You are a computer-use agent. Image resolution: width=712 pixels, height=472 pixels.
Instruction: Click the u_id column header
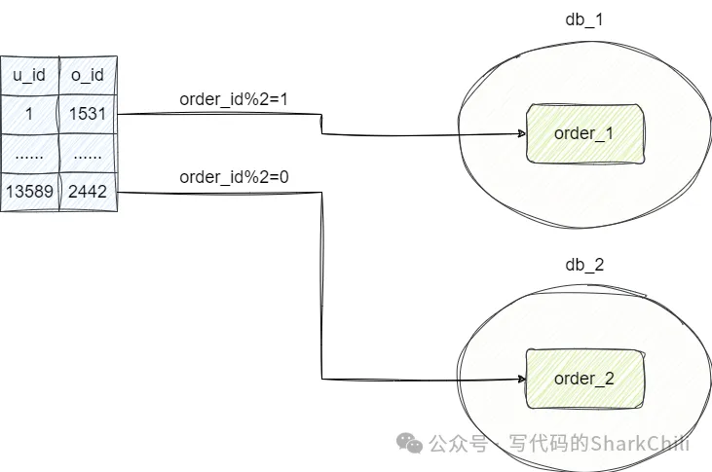pos(29,75)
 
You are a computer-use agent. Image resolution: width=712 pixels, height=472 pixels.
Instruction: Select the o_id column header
pos(88,75)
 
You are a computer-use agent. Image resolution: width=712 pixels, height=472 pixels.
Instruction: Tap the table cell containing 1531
pos(88,114)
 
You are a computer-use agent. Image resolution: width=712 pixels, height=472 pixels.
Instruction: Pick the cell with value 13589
pos(29,192)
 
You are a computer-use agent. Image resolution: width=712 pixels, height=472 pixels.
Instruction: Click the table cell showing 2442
pos(88,192)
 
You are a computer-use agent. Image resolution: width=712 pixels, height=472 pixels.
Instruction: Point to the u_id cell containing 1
pos(29,114)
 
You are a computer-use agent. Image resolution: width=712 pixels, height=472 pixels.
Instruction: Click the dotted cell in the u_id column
pos(29,153)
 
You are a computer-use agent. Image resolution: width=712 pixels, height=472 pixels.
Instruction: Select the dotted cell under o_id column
pos(88,153)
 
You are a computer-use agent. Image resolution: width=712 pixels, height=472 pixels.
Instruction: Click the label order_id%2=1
pos(221,100)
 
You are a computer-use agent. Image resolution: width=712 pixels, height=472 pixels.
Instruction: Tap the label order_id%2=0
pos(221,178)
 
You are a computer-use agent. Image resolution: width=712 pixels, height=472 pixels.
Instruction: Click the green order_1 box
pos(584,133)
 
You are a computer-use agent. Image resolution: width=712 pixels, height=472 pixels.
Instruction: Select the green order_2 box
pos(584,379)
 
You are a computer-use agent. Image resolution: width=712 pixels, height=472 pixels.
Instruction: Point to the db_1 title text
pos(584,19)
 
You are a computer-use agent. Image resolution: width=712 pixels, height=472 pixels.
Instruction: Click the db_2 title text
pos(584,265)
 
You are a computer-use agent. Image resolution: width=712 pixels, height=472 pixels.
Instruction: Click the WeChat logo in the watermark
pos(408,443)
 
